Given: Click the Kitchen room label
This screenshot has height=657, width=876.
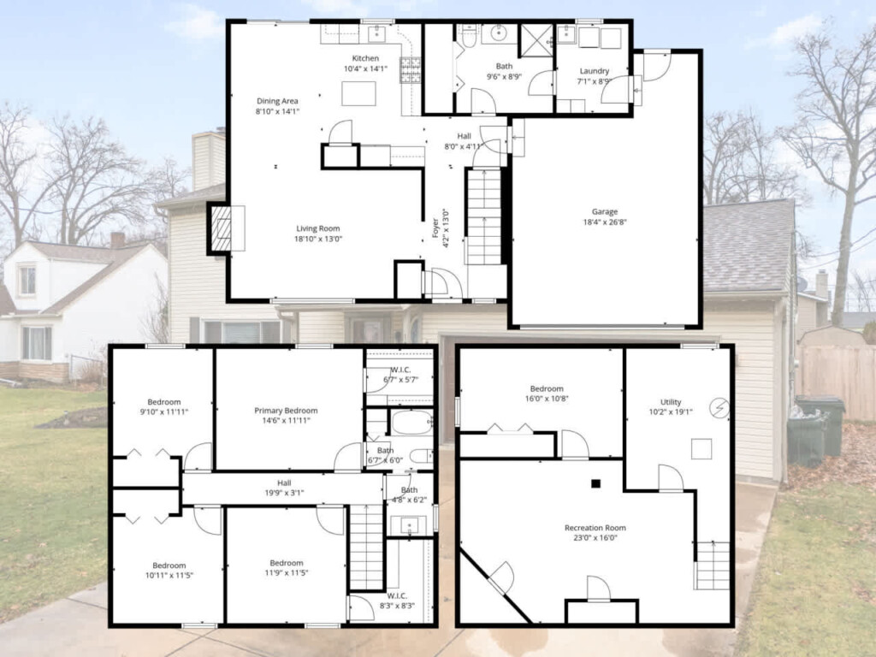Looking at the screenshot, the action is tap(365, 58).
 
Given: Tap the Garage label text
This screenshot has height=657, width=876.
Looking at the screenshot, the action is tap(605, 212).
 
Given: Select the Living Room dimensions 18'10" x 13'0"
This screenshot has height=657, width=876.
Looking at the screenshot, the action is tap(318, 239).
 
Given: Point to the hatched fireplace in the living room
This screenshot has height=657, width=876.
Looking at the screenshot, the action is tap(221, 228).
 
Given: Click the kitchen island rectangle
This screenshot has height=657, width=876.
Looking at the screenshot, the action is tap(358, 93).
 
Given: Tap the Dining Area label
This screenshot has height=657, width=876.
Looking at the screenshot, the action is tap(277, 101).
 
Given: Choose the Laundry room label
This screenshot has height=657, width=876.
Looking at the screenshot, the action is tap(594, 71).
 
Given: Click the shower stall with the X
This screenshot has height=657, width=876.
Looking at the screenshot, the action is tap(536, 40).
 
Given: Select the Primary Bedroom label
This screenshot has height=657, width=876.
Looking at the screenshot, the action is tap(286, 411).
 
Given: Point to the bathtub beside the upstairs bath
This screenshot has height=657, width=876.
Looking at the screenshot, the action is tap(411, 423).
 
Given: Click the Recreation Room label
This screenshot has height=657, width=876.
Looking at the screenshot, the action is tap(595, 527).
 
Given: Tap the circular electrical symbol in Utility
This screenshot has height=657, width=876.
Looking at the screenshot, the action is tap(719, 408).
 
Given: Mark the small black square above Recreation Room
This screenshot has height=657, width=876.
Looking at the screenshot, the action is tap(596, 484).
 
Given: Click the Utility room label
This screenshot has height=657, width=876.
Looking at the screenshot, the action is tap(671, 402).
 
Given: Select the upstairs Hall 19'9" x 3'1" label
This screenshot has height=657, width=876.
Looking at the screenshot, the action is tap(284, 488).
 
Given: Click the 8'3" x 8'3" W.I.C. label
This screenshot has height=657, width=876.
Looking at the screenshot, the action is tap(397, 601).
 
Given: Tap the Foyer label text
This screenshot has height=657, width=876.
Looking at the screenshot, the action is tap(435, 228).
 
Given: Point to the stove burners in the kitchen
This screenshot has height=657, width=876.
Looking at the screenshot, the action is tap(410, 70).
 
